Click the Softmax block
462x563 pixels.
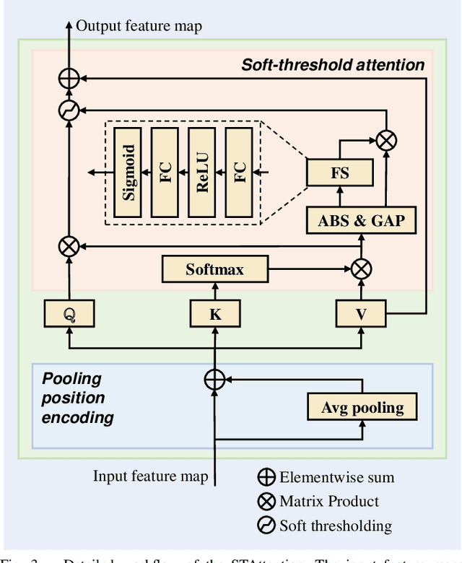(x=214, y=270)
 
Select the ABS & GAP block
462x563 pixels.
(x=361, y=220)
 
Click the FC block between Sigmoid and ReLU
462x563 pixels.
(x=165, y=172)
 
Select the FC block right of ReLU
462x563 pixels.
(x=239, y=172)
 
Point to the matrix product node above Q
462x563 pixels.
(x=69, y=247)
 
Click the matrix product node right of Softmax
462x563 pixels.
(x=361, y=270)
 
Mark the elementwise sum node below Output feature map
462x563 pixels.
(x=69, y=79)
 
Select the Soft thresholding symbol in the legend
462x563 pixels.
(x=266, y=526)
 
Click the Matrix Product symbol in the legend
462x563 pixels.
(x=266, y=501)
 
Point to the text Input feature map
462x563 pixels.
(x=150, y=476)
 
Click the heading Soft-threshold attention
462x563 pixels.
(x=333, y=65)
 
